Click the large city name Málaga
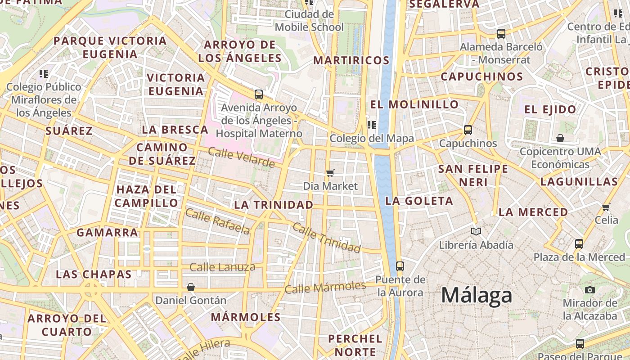pyautogui.click(x=477, y=296)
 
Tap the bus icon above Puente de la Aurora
pyautogui.click(x=400, y=266)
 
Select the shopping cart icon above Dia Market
pyautogui.click(x=330, y=173)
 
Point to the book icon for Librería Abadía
pyautogui.click(x=476, y=231)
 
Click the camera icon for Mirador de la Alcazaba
pyautogui.click(x=589, y=290)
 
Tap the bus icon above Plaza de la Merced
pyautogui.click(x=579, y=244)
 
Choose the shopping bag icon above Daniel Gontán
pyautogui.click(x=191, y=287)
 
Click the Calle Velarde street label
pyautogui.click(x=241, y=157)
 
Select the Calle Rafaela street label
pyautogui.click(x=217, y=222)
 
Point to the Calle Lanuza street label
pyautogui.click(x=222, y=267)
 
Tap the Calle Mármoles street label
pyautogui.click(x=325, y=287)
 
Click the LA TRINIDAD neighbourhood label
pyautogui.click(x=274, y=205)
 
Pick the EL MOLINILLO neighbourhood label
pyautogui.click(x=414, y=104)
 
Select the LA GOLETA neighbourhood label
pyautogui.click(x=419, y=201)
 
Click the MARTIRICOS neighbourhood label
pyautogui.click(x=351, y=60)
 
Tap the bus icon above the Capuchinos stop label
pyautogui.click(x=468, y=130)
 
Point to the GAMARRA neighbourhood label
pyautogui.click(x=107, y=233)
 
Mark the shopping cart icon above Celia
pyautogui.click(x=606, y=207)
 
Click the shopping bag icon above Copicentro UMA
pyautogui.click(x=560, y=138)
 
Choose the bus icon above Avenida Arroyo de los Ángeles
pyautogui.click(x=259, y=94)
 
